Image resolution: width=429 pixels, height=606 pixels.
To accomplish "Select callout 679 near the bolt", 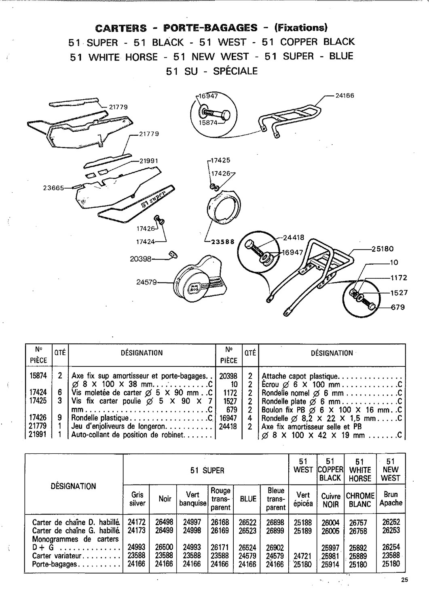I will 398,307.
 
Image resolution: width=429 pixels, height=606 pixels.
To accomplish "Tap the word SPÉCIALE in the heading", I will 235,72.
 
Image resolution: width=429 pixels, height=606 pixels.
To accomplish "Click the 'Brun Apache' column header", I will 391,499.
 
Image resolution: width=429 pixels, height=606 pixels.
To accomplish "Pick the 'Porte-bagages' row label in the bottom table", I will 54,564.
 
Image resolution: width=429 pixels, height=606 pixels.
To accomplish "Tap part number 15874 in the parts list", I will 38,375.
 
